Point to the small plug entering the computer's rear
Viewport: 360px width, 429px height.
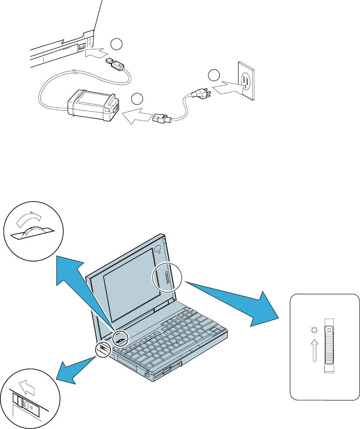pyautogui.click(x=115, y=65)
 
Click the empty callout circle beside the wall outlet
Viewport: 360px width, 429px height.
pyautogui.click(x=214, y=76)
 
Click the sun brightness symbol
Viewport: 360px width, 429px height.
pyautogui.click(x=315, y=330)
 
